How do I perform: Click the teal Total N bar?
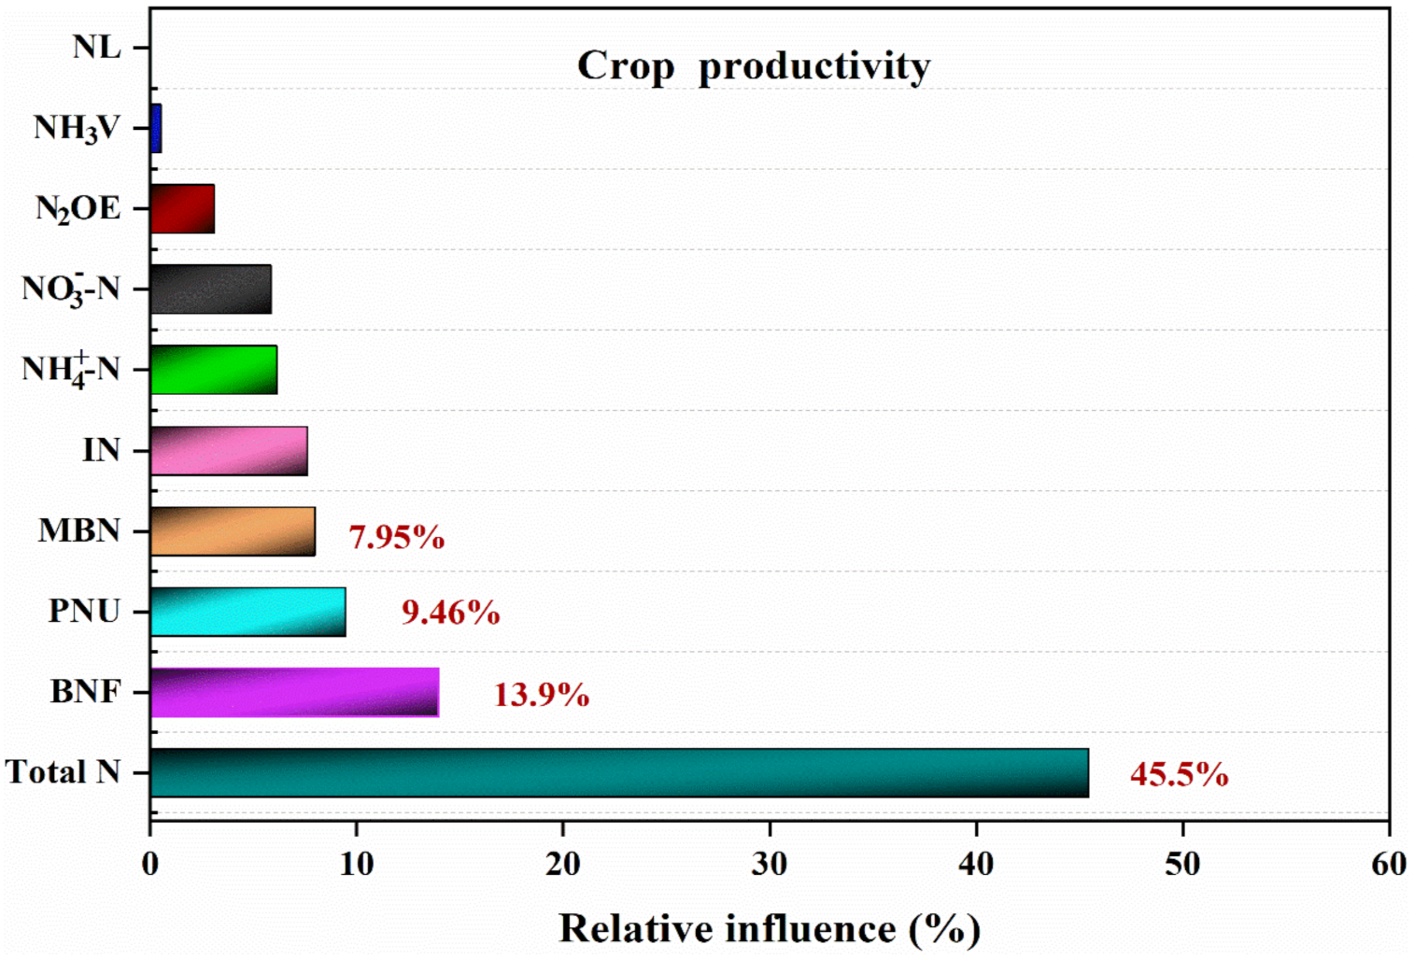[x=618, y=772]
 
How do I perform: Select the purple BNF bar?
[x=294, y=692]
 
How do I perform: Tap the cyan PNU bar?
[x=247, y=612]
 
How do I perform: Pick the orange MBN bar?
[x=233, y=531]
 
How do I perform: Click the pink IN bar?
[x=229, y=451]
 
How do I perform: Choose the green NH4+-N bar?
[x=214, y=370]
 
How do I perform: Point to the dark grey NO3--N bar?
[x=210, y=289]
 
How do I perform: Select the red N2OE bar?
[x=182, y=209]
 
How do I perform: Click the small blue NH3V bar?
[x=156, y=128]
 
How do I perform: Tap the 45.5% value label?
[x=1179, y=774]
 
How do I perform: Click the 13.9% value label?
[x=541, y=695]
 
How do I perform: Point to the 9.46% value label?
[x=450, y=613]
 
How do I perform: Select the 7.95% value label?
[x=396, y=537]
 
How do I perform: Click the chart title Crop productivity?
[x=753, y=67]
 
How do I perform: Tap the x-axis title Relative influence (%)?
[x=770, y=929]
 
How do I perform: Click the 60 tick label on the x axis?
[x=1389, y=864]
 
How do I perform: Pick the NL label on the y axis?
[x=97, y=47]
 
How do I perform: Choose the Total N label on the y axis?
[x=63, y=772]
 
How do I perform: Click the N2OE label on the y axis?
[x=78, y=209]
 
